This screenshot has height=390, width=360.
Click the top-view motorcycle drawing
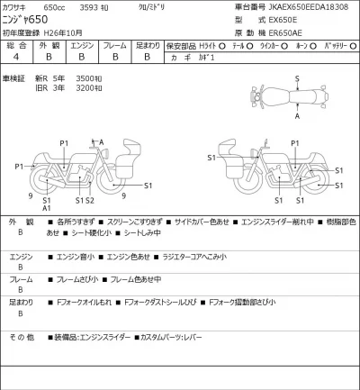click(297, 97)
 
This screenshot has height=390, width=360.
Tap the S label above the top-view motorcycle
click(297, 79)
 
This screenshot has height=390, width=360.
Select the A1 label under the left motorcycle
click(47, 208)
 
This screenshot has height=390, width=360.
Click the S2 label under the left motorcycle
click(89, 199)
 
